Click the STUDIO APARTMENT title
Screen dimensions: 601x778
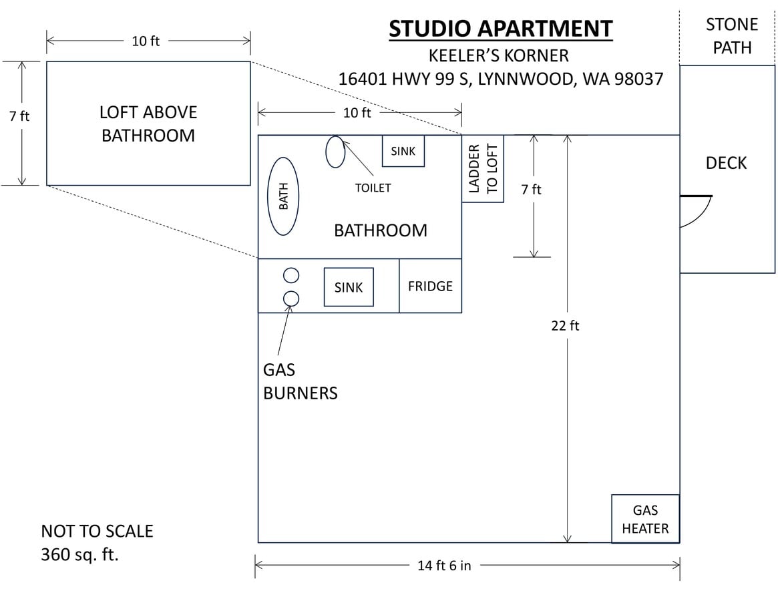[x=500, y=29]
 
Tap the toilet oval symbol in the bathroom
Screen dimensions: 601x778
[x=335, y=152]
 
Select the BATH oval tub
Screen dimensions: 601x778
[x=283, y=196]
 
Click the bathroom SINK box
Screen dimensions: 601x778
[x=403, y=151]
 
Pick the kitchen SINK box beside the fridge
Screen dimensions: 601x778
[x=349, y=287]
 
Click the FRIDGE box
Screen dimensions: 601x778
[x=430, y=286]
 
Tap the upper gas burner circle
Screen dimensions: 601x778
[x=291, y=275]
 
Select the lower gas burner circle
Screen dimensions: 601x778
[x=291, y=298]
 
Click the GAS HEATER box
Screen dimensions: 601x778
[x=645, y=519]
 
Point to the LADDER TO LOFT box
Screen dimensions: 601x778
[x=483, y=169]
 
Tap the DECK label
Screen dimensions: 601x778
[x=726, y=163]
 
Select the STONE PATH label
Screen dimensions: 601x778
[x=732, y=36]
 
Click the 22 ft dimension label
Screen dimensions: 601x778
[x=565, y=325]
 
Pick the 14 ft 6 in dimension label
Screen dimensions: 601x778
[x=444, y=566]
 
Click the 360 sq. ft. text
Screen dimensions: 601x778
[x=79, y=554]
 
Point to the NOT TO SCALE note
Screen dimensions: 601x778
[x=97, y=532]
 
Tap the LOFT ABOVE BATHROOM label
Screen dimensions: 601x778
[x=148, y=124]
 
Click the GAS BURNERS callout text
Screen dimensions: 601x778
[x=300, y=381]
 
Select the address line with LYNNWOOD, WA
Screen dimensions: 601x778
[x=500, y=79]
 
